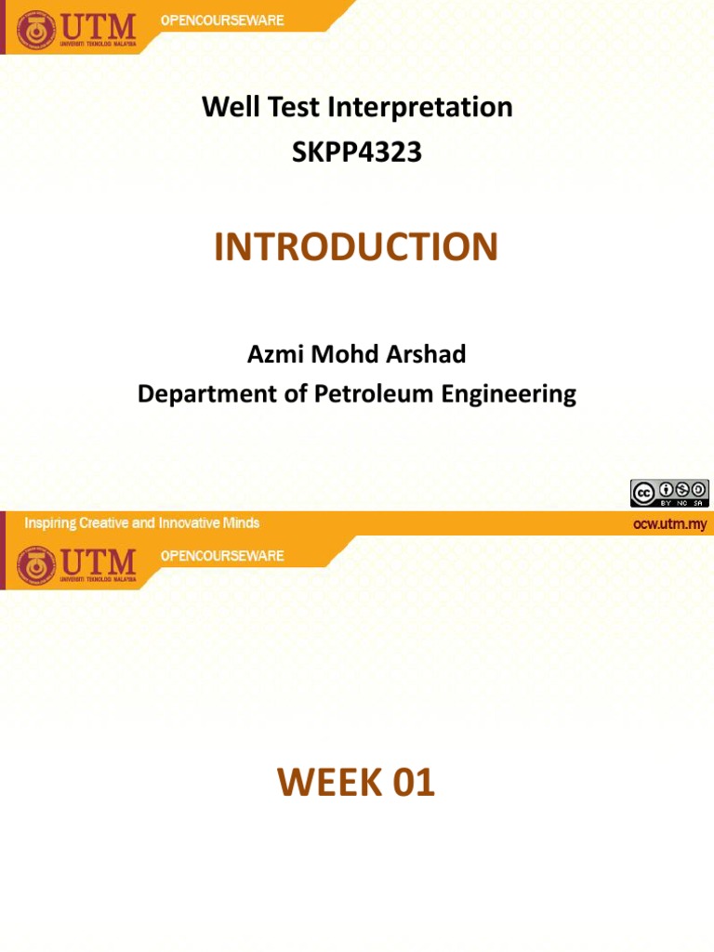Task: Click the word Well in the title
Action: tap(225, 108)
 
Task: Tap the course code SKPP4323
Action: tap(357, 152)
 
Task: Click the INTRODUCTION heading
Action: tap(357, 247)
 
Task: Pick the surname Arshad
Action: tap(423, 354)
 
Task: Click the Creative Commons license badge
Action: tap(669, 493)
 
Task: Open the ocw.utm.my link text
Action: tap(669, 523)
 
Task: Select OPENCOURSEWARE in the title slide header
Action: tap(222, 20)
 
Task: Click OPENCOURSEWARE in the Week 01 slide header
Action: tap(222, 555)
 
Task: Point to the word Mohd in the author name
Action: tap(349, 354)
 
